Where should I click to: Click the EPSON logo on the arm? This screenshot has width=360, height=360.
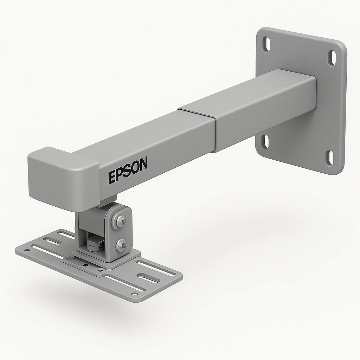[x=128, y=170]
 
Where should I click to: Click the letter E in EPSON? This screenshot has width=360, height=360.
[x=112, y=177]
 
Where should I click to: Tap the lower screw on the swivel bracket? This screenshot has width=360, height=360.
[x=121, y=245]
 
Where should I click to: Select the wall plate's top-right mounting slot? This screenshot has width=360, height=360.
[x=332, y=58]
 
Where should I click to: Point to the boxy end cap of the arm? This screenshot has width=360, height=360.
[x=62, y=178]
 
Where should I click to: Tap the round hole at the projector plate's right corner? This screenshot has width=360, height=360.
[x=135, y=294]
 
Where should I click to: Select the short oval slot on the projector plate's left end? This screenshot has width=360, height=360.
[x=52, y=241]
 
